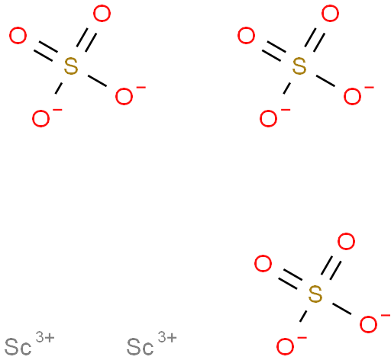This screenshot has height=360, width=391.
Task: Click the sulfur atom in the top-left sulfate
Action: [71, 66]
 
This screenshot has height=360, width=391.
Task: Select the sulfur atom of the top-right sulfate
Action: [299, 66]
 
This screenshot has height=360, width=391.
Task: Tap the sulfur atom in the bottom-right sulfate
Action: [315, 294]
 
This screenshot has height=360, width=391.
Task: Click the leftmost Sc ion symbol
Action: [18, 347]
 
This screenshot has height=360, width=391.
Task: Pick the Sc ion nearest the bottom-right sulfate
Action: [140, 347]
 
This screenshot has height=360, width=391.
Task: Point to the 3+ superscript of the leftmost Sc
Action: [45, 337]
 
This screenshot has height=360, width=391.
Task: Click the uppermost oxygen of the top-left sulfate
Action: [102, 14]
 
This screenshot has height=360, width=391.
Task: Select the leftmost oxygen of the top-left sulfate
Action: [18, 36]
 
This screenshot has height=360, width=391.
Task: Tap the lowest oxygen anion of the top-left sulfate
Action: [40, 118]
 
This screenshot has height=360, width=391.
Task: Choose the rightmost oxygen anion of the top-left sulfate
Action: [124, 96]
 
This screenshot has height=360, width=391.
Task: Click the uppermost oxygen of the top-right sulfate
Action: [330, 14]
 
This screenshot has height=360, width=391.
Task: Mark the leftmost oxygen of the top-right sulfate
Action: [246, 36]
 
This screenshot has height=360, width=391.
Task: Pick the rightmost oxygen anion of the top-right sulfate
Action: [352, 96]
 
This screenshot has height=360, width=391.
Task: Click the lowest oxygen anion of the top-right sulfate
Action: [268, 118]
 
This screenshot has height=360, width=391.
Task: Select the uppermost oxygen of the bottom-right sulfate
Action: [346, 242]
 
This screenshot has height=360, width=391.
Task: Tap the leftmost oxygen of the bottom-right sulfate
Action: [263, 264]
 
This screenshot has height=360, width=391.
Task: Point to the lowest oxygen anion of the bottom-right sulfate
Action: [285, 346]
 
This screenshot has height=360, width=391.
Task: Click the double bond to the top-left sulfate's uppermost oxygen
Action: [86, 40]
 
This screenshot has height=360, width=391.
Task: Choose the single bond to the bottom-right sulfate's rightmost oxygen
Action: [342, 309]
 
